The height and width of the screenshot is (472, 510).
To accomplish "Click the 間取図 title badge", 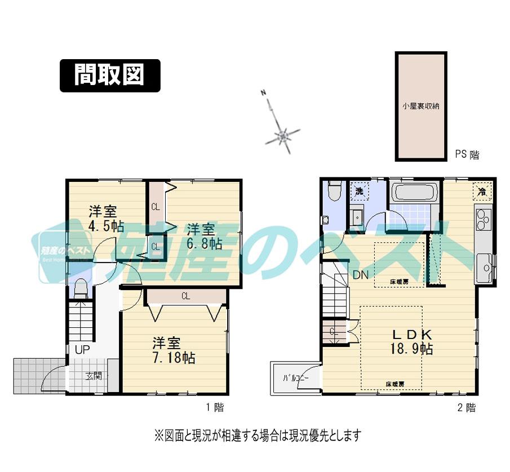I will [110, 75].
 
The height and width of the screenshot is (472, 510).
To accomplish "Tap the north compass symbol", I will [282, 135].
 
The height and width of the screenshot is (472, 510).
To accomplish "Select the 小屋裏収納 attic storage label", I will [420, 105].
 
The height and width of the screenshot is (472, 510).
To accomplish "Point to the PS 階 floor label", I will [467, 154].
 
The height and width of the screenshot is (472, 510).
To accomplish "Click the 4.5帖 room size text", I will [106, 227].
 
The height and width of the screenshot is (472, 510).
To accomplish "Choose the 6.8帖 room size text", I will [204, 244].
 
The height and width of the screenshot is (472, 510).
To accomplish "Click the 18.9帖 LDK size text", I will [411, 349].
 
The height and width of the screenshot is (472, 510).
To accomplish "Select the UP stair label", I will [82, 349].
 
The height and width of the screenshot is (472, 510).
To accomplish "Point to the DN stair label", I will [361, 275].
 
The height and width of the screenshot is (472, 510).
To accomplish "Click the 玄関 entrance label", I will [94, 376].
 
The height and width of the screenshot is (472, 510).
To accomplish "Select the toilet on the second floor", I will [334, 190].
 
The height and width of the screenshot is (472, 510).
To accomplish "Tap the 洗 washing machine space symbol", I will [358, 192].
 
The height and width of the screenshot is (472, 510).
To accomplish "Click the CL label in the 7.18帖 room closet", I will [185, 295].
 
